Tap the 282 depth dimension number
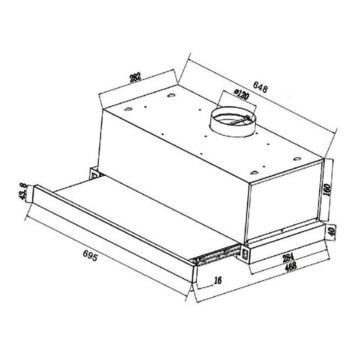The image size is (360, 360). click(x=135, y=77)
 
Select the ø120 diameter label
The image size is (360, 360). click(x=242, y=95)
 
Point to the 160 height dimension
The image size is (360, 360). click(x=327, y=189)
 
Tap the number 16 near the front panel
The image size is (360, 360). click(x=217, y=280)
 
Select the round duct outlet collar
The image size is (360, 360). click(x=233, y=124)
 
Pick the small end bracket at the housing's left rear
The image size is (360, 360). click(x=95, y=174)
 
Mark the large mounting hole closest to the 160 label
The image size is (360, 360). click(x=297, y=159)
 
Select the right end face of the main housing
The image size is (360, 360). click(x=284, y=205)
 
